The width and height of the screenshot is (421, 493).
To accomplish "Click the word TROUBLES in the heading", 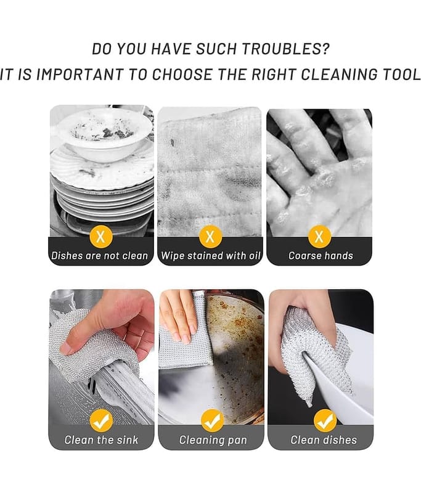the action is pos(281,49).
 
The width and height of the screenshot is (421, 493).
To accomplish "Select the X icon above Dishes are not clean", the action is pos(101,237).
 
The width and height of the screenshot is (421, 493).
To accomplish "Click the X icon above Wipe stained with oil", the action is pos(210,237).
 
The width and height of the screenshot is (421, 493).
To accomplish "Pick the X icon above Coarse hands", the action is pos(319,237).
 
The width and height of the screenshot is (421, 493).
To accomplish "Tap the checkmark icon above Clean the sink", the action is pos(101,420).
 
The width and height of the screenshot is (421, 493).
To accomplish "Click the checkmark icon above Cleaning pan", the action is pos(212,420).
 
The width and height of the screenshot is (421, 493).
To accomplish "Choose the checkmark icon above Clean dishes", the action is pos(325,420).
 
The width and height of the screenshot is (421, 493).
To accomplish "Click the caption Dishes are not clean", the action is pos(100,256).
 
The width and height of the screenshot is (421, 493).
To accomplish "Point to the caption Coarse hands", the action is pos(321,256).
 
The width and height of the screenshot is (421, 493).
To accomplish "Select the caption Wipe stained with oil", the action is pos(211,256).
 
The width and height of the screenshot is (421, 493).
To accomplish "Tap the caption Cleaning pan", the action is pos(213,440).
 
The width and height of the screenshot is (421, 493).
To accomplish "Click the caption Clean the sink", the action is pos(101,439).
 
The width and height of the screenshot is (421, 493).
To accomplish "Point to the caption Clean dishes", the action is pos(324,439).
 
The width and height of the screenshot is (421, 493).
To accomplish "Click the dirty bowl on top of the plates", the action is pos(104,134).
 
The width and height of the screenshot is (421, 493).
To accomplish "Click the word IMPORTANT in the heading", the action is pos(80,75).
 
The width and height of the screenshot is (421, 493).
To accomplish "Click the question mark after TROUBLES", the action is pos(325,49).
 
